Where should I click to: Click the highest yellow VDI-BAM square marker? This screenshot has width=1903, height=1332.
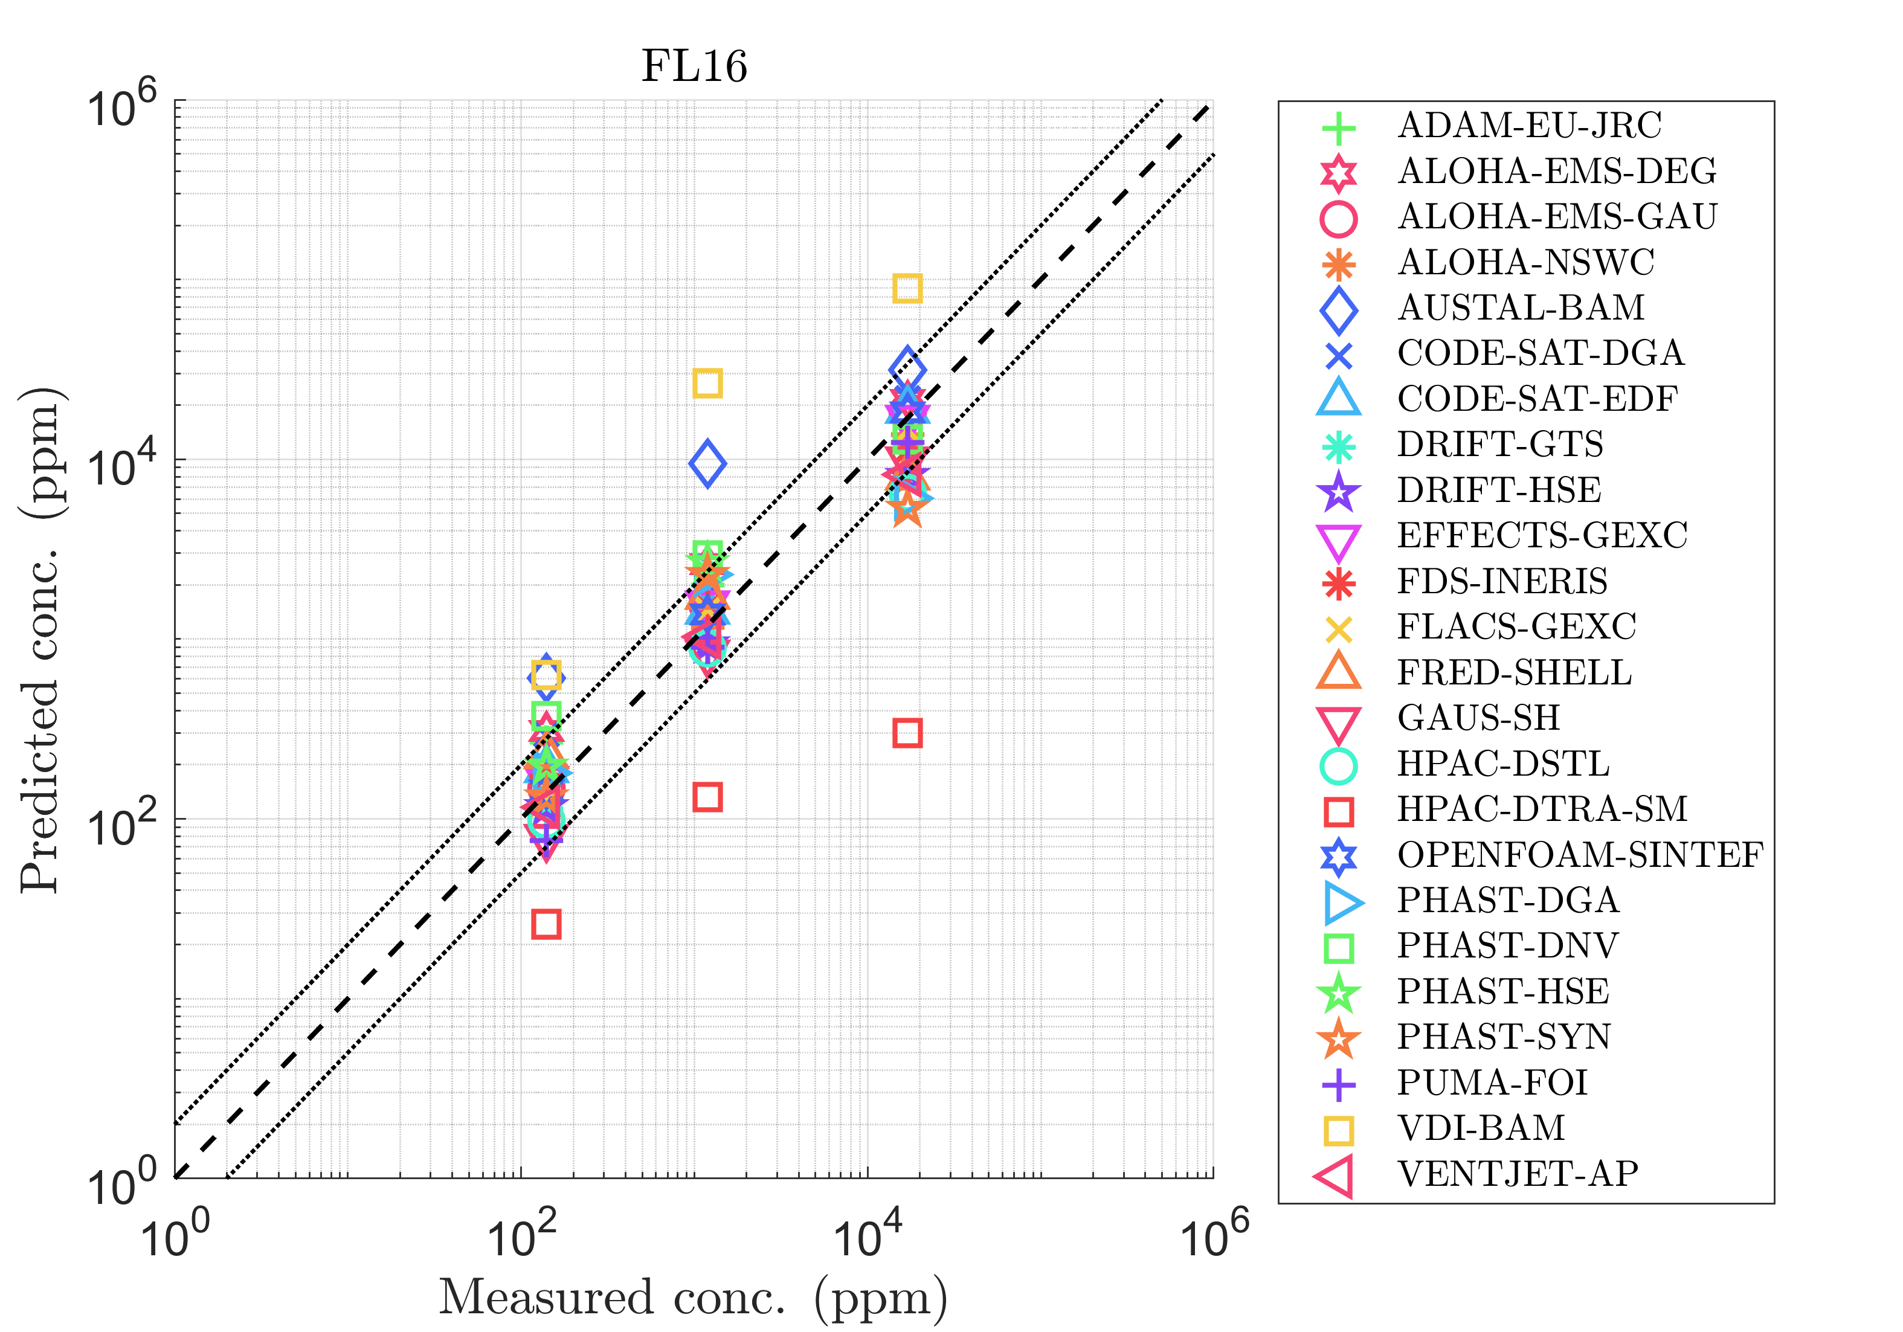pyautogui.click(x=907, y=288)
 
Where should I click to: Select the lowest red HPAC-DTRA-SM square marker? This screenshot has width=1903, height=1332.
pyautogui.click(x=546, y=924)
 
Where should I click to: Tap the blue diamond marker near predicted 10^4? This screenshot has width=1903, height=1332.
pyautogui.click(x=707, y=463)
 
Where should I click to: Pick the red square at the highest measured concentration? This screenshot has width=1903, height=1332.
pyautogui.click(x=907, y=733)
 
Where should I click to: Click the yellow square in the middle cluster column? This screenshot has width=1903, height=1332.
pyautogui.click(x=707, y=383)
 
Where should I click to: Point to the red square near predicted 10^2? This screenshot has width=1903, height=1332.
pyautogui.click(x=707, y=797)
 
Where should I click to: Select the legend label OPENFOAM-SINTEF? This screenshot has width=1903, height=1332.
pyautogui.click(x=1580, y=855)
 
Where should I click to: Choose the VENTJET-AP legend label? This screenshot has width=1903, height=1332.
pyautogui.click(x=1518, y=1174)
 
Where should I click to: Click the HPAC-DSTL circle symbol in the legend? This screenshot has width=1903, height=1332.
pyautogui.click(x=1339, y=765)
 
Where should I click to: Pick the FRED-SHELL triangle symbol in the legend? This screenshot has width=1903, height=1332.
pyautogui.click(x=1339, y=672)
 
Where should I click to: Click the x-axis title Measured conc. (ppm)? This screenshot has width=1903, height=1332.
pyautogui.click(x=693, y=1298)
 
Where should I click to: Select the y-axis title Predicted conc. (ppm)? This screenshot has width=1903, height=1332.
pyautogui.click(x=42, y=639)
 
